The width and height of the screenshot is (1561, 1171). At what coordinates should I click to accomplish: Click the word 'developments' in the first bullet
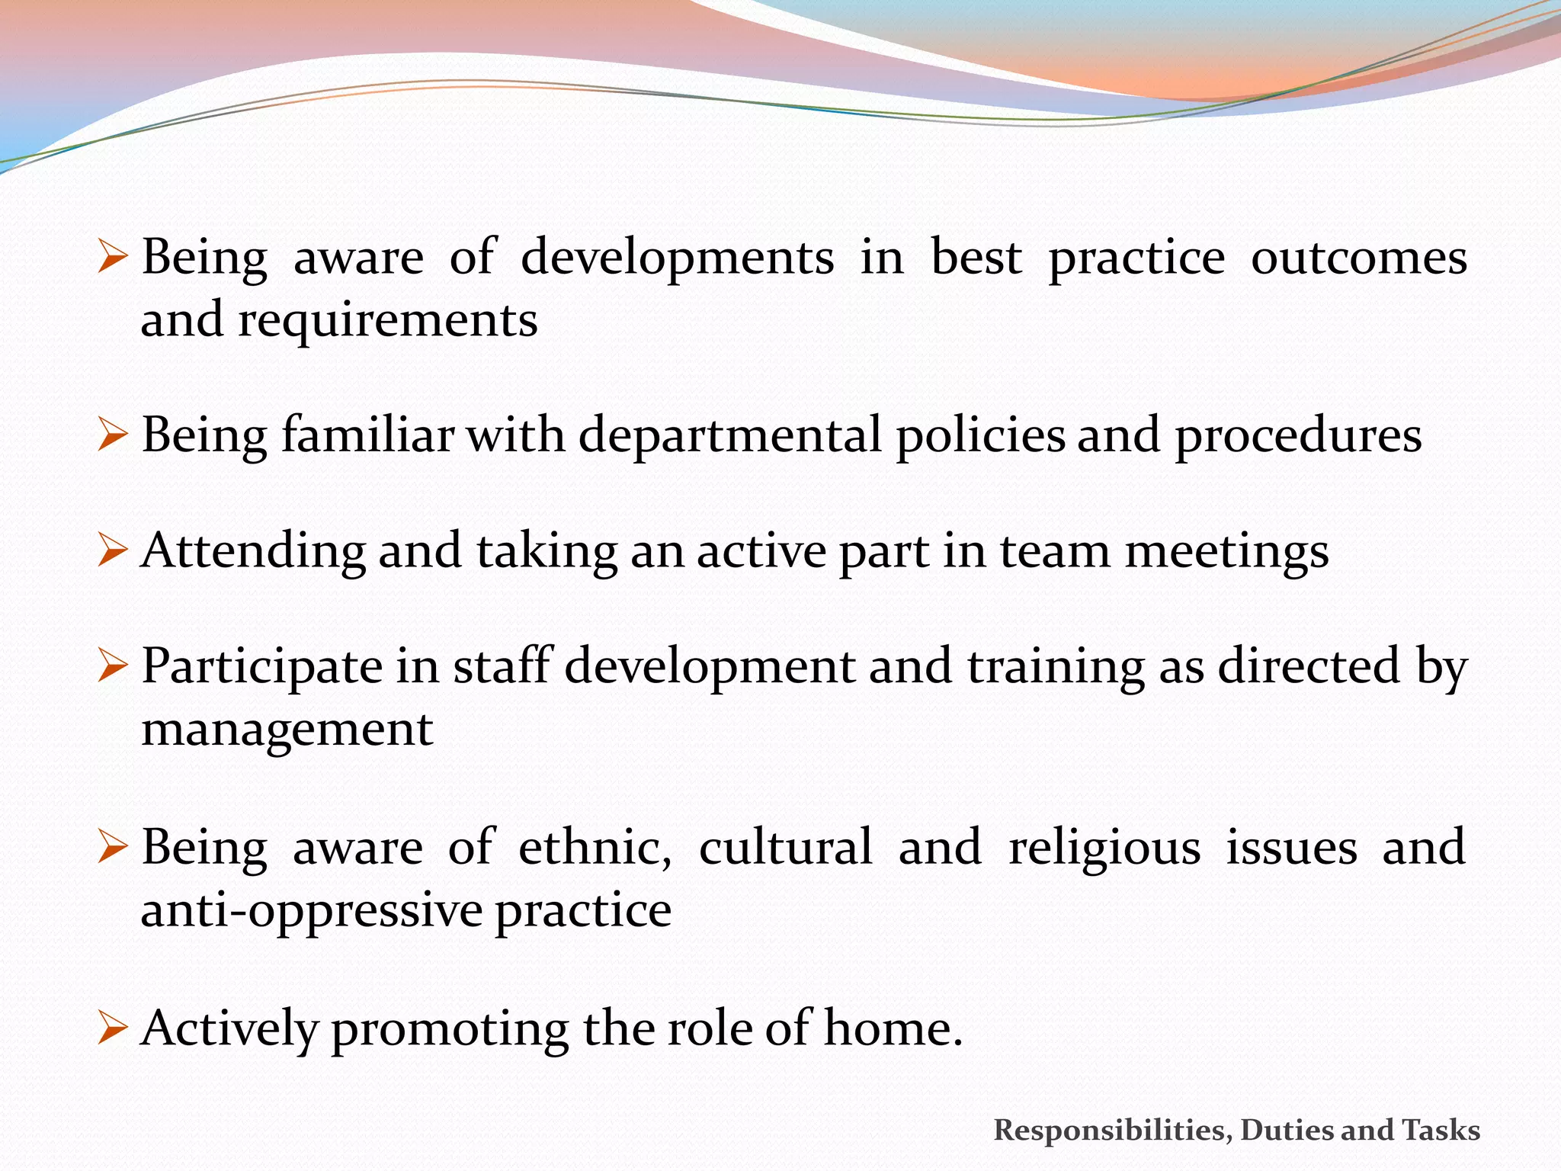677,258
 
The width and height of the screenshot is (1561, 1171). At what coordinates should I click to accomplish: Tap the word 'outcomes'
1359,258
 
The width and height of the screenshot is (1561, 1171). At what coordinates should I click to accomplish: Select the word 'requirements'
388,320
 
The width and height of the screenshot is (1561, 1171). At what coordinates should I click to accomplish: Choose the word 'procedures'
1298,437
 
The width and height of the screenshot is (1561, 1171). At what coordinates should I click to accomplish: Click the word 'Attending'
253,552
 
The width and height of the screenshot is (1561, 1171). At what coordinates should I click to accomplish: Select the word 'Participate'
262,667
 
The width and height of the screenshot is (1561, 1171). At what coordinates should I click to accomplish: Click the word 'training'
1056,667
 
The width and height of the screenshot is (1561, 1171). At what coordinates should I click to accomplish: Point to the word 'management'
287,730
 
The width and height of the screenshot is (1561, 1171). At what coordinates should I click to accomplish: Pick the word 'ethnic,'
595,848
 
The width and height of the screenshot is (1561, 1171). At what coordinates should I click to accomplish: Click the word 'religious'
1104,848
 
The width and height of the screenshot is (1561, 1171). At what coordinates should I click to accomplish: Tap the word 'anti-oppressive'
312,911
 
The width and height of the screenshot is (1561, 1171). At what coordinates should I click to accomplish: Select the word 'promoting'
450,1028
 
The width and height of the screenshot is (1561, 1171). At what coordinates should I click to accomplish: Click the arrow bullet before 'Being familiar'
112,435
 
